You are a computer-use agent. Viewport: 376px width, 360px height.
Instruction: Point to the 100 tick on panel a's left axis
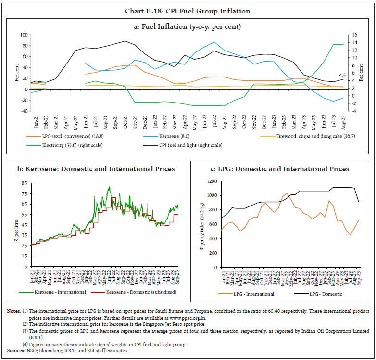(23, 35)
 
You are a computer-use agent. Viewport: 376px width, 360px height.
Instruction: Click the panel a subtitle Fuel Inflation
(188, 25)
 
